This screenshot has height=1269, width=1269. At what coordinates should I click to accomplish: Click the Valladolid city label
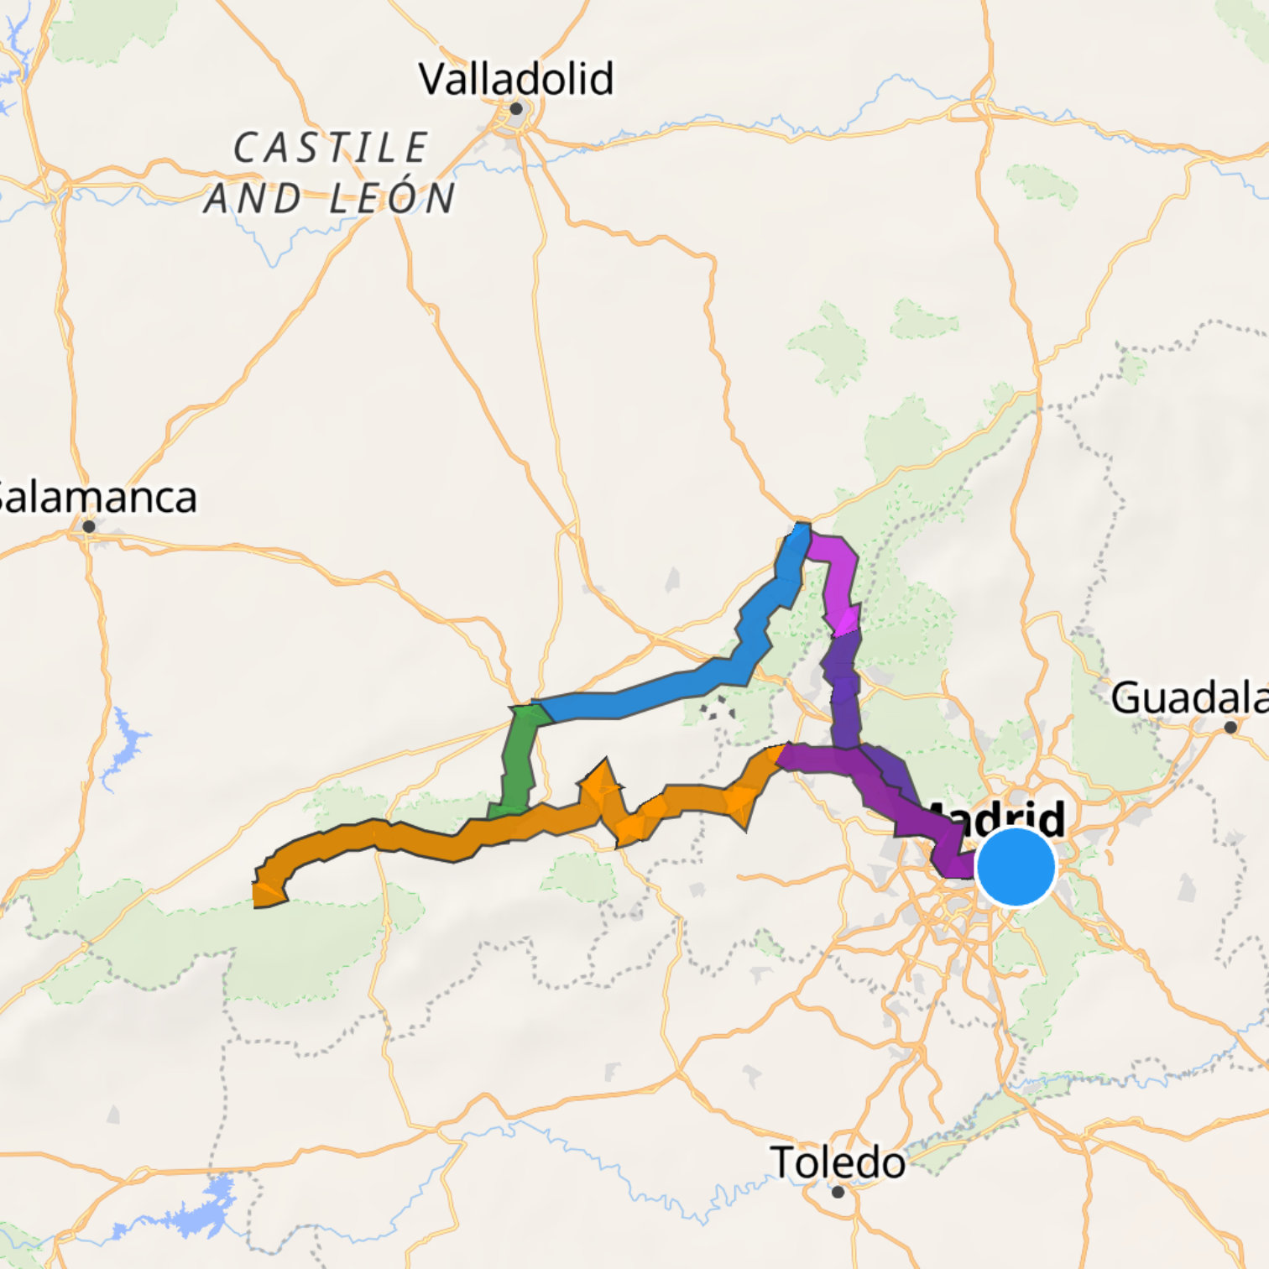(x=516, y=79)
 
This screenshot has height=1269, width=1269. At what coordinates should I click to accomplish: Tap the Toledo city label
(x=838, y=1162)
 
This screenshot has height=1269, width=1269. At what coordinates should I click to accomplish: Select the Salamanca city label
(x=97, y=497)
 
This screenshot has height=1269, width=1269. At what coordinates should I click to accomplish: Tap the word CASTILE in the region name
(x=331, y=149)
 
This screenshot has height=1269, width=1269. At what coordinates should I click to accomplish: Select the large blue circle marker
(x=1016, y=867)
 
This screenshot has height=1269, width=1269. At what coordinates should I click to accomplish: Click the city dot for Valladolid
(x=516, y=108)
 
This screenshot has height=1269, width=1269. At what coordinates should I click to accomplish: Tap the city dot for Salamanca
(x=89, y=526)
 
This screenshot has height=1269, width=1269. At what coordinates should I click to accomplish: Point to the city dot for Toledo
(x=838, y=1191)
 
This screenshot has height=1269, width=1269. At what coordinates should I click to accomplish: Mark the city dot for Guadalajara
(x=1230, y=727)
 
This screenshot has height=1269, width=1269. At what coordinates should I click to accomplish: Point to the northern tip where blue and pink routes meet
(x=802, y=530)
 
